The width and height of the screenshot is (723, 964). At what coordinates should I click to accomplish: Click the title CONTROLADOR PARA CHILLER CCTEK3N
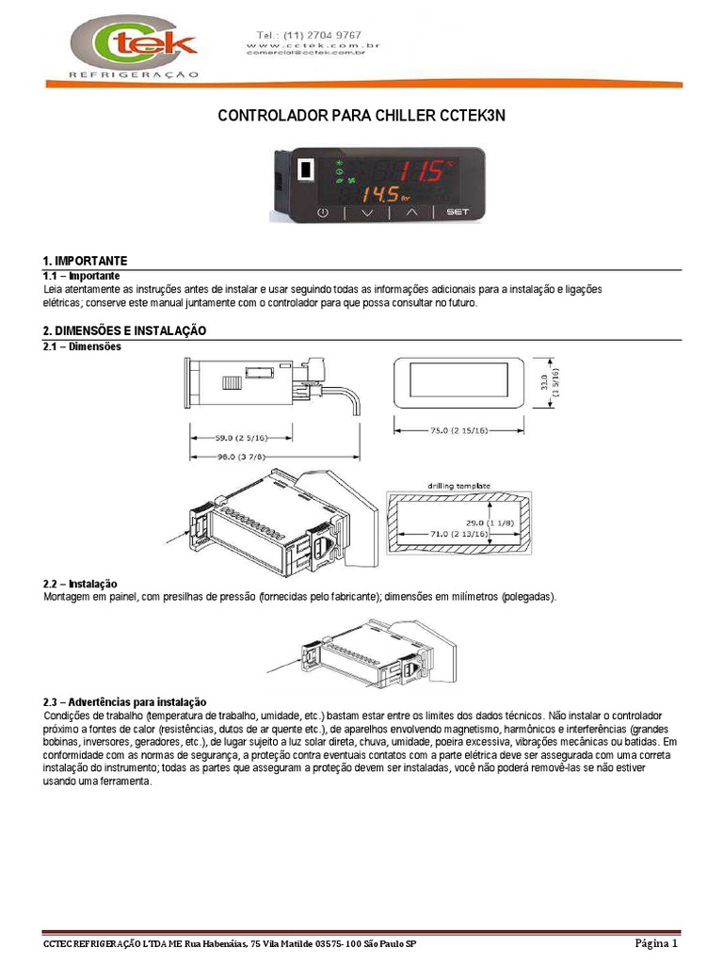[361, 116]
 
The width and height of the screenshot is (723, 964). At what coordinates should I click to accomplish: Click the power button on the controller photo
[323, 213]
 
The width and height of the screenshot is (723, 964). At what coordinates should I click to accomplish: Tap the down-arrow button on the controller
[367, 213]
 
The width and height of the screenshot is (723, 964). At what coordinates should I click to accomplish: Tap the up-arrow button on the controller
[410, 213]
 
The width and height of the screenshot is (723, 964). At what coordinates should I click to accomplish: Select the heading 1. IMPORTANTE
[85, 260]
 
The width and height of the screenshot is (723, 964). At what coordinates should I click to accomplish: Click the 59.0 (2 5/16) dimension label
[240, 437]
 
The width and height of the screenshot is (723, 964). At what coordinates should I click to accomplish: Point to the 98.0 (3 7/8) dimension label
[240, 456]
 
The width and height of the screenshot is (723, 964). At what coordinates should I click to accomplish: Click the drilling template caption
[458, 486]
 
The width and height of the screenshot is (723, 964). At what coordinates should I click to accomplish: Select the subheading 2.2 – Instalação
[81, 585]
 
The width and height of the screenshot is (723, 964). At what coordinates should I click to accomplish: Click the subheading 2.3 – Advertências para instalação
[124, 702]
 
